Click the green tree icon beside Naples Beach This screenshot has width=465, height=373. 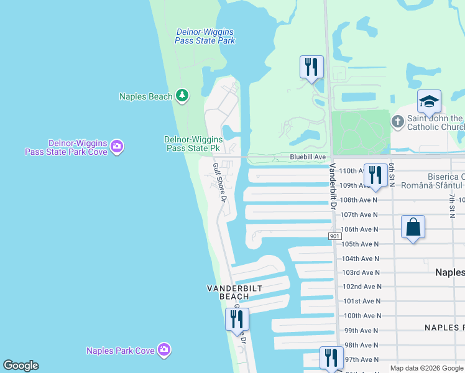coord(182,96)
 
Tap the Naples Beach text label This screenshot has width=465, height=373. coord(145,96)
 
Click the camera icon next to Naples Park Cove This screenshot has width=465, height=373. coord(164,351)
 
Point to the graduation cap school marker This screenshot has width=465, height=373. coord(429,101)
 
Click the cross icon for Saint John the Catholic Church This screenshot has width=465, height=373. coord(398,122)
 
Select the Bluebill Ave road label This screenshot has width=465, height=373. coord(308,158)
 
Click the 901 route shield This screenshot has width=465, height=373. coord(335,236)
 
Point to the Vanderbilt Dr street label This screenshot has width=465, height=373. coord(333,186)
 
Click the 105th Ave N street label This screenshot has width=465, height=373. coord(359,244)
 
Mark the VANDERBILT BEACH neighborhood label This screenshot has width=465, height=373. coord(234,292)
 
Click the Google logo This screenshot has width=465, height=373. coord(21,366)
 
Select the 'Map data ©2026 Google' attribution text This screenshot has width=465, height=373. coord(426,368)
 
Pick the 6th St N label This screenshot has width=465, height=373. coord(392,173)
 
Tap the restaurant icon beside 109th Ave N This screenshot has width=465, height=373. coord(375,175)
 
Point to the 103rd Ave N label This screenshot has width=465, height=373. coord(361,273)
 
